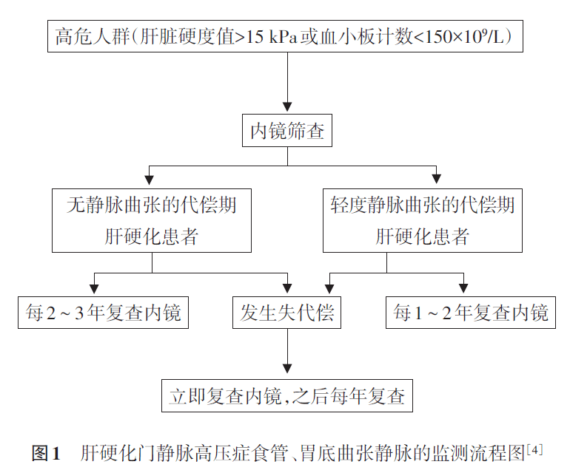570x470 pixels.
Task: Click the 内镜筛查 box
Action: click(286, 132)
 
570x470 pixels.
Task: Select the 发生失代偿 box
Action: click(286, 313)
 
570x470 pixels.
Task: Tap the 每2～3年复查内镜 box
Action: click(103, 313)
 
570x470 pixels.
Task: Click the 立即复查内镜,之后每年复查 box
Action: click(286, 396)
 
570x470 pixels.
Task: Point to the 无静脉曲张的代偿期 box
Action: click(152, 220)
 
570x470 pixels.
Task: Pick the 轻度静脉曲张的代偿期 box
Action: click(423, 220)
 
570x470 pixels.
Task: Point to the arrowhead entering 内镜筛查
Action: click(286, 107)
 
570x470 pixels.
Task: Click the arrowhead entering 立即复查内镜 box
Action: click(286, 370)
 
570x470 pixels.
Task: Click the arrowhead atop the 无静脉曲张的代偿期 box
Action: click(150, 178)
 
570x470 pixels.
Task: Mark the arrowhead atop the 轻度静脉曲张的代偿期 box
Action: click(436, 178)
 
